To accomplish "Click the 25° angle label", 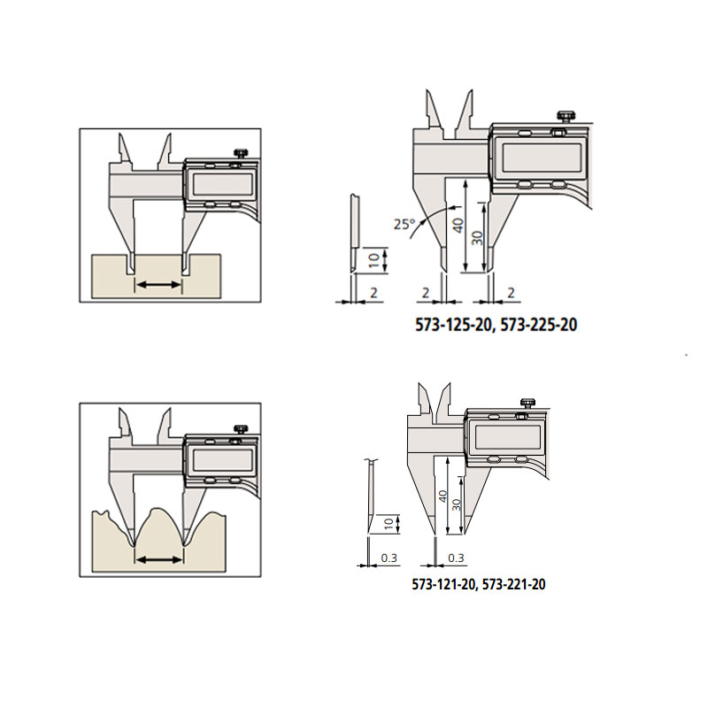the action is point(404,224).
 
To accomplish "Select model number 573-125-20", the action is point(453,325).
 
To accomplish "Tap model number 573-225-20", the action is point(539,325).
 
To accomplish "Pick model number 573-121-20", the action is point(443,584).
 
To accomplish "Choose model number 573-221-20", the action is point(514,584).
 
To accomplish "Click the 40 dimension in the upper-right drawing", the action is point(458,225).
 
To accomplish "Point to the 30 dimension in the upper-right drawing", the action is point(477,238).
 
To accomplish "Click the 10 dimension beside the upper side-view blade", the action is point(374,260).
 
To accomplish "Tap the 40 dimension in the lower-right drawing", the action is point(443,496).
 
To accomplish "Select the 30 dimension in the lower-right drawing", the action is point(457,504).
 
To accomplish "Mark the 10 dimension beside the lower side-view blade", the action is point(389,524).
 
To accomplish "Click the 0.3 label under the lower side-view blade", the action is point(389,558).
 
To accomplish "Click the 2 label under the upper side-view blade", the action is point(373,293).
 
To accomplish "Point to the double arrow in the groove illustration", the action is point(158,284).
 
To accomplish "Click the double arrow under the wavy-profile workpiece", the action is point(159,560).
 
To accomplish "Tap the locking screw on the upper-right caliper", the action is point(566,116).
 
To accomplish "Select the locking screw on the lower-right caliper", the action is point(527,404).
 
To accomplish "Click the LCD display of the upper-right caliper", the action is point(542,158).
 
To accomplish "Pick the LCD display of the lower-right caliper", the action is point(508,437).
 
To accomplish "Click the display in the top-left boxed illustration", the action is point(223,184).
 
